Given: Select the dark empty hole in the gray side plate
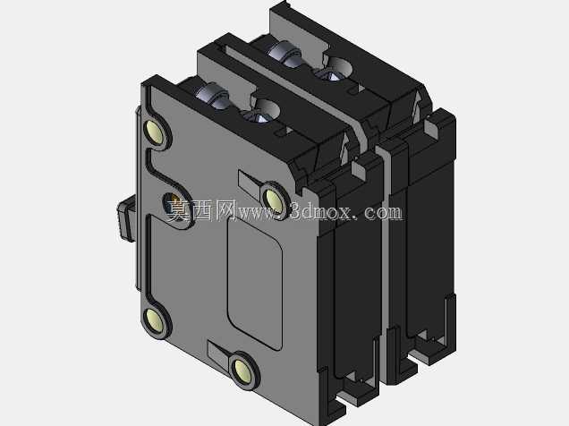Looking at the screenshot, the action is pos(173,205).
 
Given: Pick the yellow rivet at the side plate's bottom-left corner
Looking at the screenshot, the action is pos(155,320).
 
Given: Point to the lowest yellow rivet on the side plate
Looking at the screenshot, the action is pos(243,371).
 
